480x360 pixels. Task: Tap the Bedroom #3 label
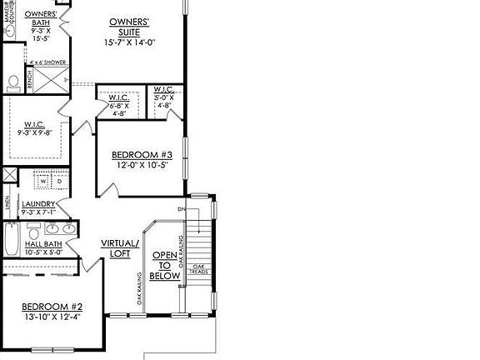(x=142, y=154)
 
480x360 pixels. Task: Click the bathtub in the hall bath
(x=11, y=242)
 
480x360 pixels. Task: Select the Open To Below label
(x=164, y=266)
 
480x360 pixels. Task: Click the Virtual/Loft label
(x=117, y=248)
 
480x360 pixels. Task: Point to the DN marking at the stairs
(x=180, y=209)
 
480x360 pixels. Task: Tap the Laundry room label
(x=38, y=203)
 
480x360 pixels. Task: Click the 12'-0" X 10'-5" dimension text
(x=142, y=165)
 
